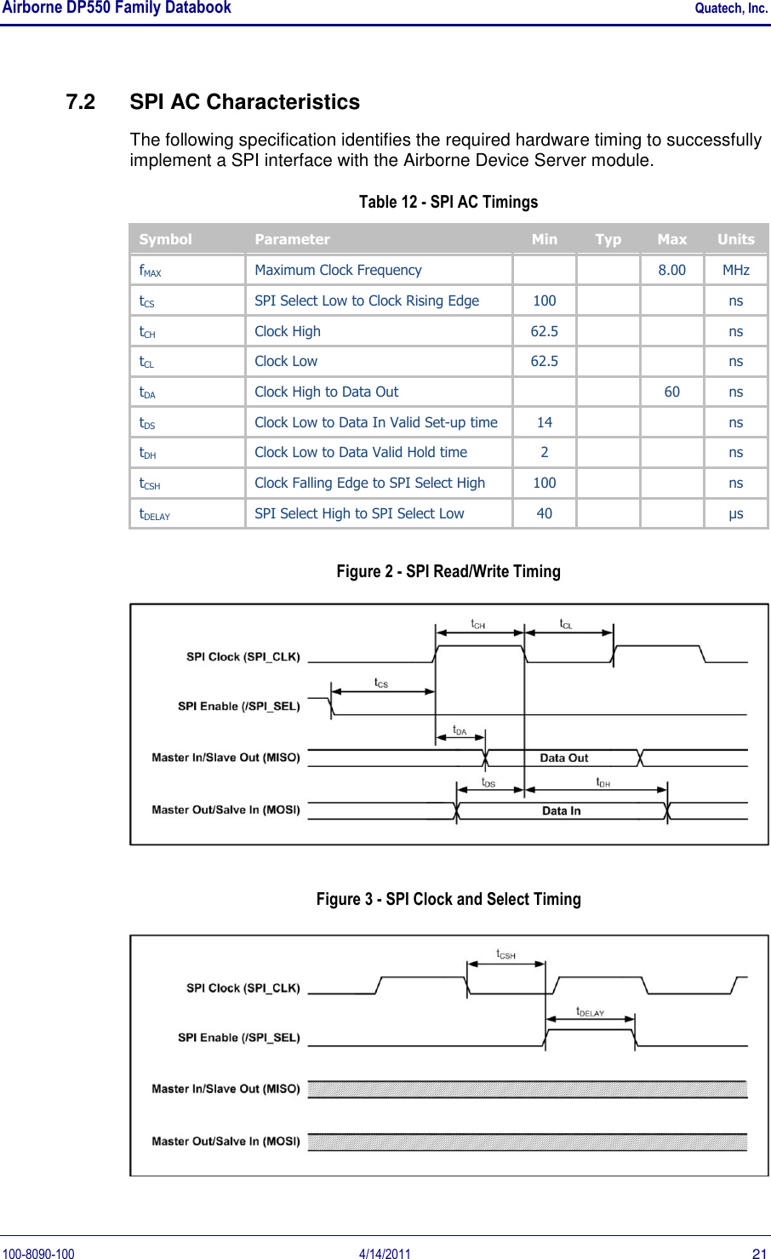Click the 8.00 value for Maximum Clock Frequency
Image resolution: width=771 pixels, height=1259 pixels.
671,270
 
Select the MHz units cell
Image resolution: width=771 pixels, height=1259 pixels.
735,270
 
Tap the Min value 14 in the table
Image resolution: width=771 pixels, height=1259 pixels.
544,422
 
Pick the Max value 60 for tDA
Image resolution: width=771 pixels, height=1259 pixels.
671,392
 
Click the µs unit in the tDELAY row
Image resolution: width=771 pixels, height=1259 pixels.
735,513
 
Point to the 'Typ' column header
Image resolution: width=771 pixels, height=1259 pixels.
608,239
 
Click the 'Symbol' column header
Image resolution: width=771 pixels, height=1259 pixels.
165,239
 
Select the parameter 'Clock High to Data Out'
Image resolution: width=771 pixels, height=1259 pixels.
326,392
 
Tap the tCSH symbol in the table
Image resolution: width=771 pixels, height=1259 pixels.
150,484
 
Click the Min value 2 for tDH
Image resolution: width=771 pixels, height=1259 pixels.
544,452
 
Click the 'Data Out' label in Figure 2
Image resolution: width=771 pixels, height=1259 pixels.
563,758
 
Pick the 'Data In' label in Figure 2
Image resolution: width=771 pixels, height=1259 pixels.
561,810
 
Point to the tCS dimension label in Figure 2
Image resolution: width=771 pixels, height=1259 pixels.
381,683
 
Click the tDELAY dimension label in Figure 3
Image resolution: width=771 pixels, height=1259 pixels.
590,1012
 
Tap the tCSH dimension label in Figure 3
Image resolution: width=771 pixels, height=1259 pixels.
505,954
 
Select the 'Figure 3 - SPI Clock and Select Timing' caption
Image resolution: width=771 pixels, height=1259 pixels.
448,899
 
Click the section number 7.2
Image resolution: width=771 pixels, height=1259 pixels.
80,102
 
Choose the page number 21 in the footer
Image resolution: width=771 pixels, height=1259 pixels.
759,1253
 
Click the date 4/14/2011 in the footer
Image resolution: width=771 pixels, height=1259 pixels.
385,1253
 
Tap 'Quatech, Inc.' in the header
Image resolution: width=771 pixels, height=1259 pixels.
731,9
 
